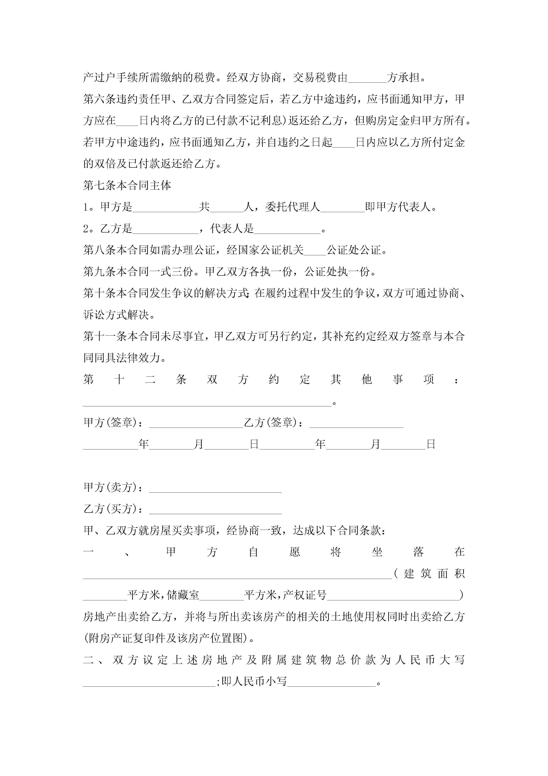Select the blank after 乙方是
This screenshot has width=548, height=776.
(x=166, y=229)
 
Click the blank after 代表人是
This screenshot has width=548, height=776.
(x=287, y=229)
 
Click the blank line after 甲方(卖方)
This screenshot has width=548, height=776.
(x=215, y=488)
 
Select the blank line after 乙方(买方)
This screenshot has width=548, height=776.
(x=215, y=510)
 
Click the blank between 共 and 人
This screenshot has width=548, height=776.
(x=226, y=207)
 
